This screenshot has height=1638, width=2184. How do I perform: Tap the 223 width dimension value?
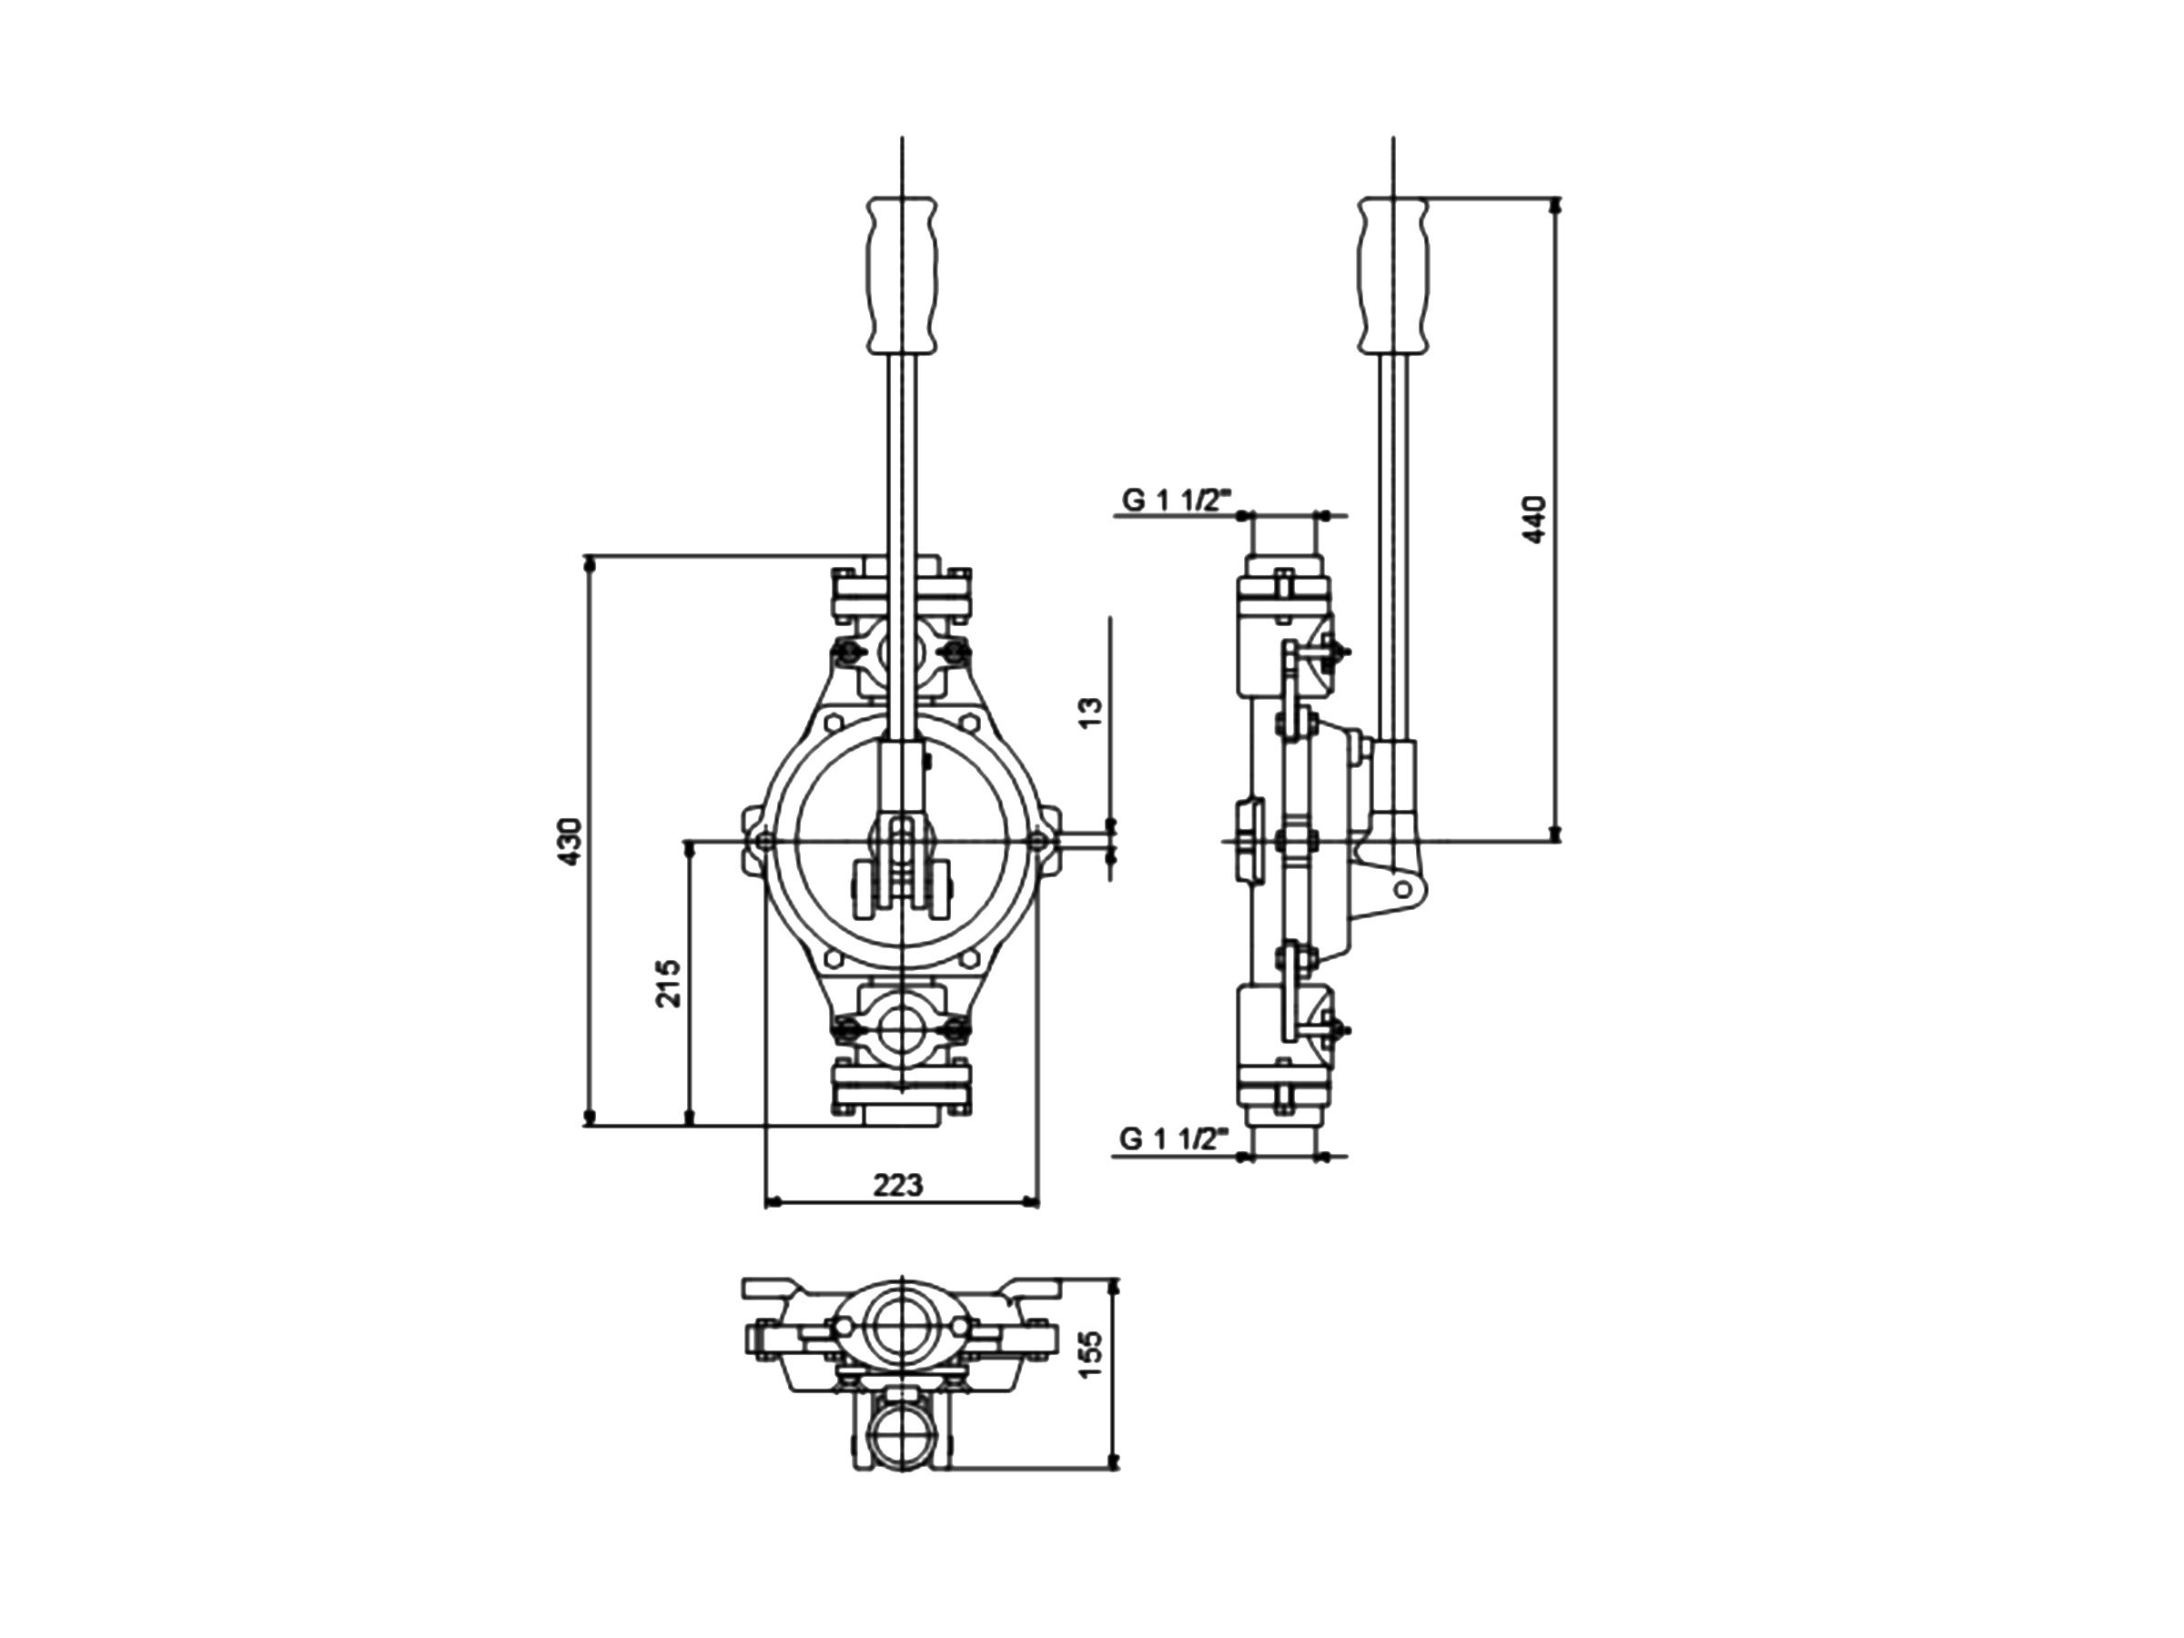coord(898,1184)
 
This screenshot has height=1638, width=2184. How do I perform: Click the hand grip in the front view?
coord(903,276)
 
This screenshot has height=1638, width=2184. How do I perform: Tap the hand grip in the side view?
coord(1393,276)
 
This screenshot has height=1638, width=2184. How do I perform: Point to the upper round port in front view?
coord(902,652)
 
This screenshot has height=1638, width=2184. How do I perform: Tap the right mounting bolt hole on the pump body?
coord(1036,840)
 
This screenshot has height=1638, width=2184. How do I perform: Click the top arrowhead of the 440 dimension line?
coord(1556,206)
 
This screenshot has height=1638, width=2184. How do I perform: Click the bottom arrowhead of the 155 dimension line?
coord(1116,1461)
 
